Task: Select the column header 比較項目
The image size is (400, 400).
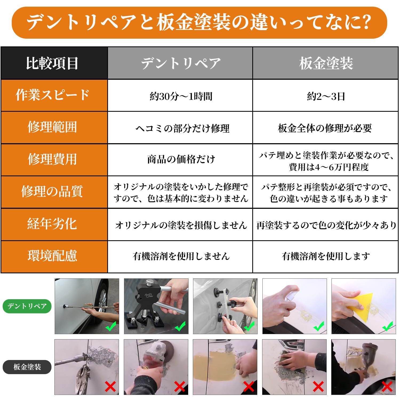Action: (x=52, y=63)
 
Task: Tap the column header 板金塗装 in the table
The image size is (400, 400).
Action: (x=326, y=63)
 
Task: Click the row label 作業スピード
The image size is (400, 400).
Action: (x=53, y=95)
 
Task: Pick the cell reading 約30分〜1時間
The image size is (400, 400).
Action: (x=181, y=96)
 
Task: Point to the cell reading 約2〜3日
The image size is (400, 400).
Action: (x=326, y=96)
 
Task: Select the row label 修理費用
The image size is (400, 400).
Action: (x=53, y=159)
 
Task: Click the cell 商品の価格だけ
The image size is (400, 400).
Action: (x=181, y=159)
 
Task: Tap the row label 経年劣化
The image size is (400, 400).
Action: (x=53, y=224)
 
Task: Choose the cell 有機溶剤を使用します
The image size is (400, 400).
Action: (x=326, y=256)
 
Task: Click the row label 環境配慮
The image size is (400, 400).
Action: (x=53, y=256)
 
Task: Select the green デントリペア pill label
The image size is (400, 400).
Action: (x=27, y=306)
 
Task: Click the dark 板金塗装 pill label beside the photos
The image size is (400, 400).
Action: (x=27, y=367)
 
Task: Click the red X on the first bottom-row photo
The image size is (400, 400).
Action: (x=110, y=386)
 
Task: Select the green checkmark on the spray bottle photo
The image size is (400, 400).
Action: (x=319, y=326)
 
